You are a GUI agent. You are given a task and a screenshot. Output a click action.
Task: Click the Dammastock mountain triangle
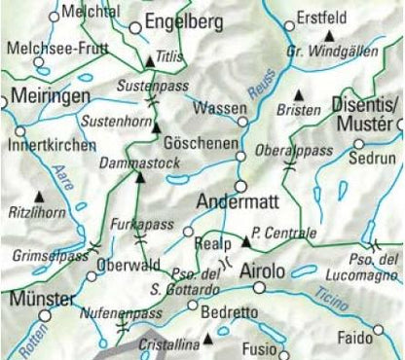click(140, 176)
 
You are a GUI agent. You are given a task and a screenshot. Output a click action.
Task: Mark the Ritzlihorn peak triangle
click(40, 196)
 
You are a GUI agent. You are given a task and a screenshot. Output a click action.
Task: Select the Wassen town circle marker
click(243, 123)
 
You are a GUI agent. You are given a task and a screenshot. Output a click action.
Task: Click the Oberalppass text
click(293, 151)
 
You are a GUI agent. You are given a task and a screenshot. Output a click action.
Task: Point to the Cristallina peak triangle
click(206, 340)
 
